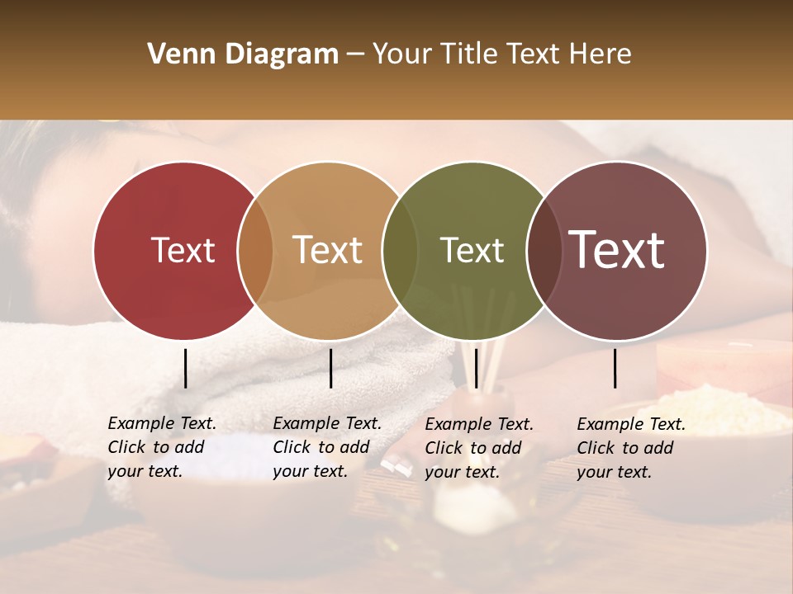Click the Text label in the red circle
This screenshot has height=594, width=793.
pyautogui.click(x=183, y=250)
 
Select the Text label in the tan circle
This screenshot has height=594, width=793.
pyautogui.click(x=327, y=250)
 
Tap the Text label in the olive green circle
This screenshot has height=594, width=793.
pyautogui.click(x=472, y=250)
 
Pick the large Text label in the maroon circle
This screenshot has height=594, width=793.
pyautogui.click(x=616, y=250)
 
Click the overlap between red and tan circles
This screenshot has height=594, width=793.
pyautogui.click(x=255, y=251)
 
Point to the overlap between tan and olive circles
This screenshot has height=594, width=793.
pyautogui.click(x=400, y=251)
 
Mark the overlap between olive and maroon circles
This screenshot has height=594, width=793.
pyautogui.click(x=544, y=251)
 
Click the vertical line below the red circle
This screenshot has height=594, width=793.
pyautogui.click(x=185, y=368)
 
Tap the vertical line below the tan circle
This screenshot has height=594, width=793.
pyautogui.click(x=330, y=368)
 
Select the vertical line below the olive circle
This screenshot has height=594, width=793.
pyautogui.click(x=476, y=368)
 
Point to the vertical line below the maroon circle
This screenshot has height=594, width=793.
pyautogui.click(x=615, y=368)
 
